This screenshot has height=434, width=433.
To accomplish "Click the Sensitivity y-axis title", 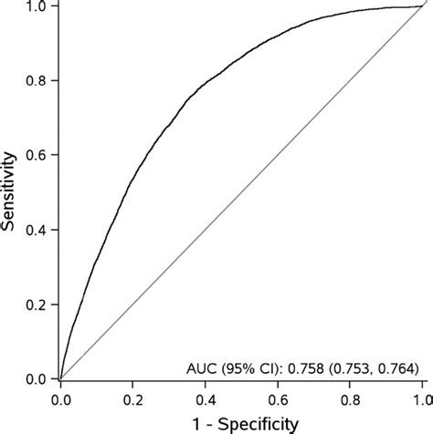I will [12, 191].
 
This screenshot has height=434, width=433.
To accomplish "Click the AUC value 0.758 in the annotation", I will [306, 369].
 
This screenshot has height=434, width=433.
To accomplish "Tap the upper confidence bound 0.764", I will [396, 369].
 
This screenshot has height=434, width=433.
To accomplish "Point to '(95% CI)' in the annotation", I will [249, 369].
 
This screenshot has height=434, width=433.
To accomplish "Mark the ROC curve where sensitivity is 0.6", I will [151, 155].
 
